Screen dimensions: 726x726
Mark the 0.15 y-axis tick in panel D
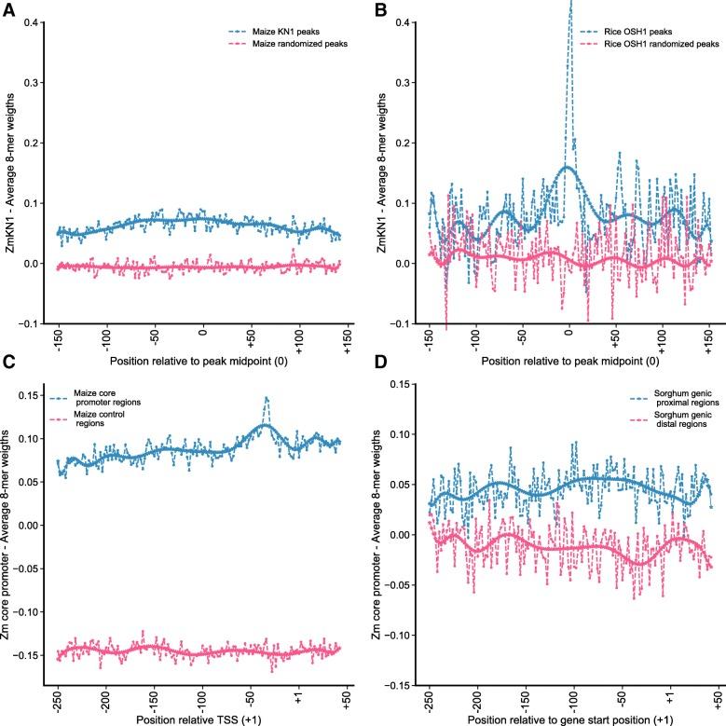(400, 383)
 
